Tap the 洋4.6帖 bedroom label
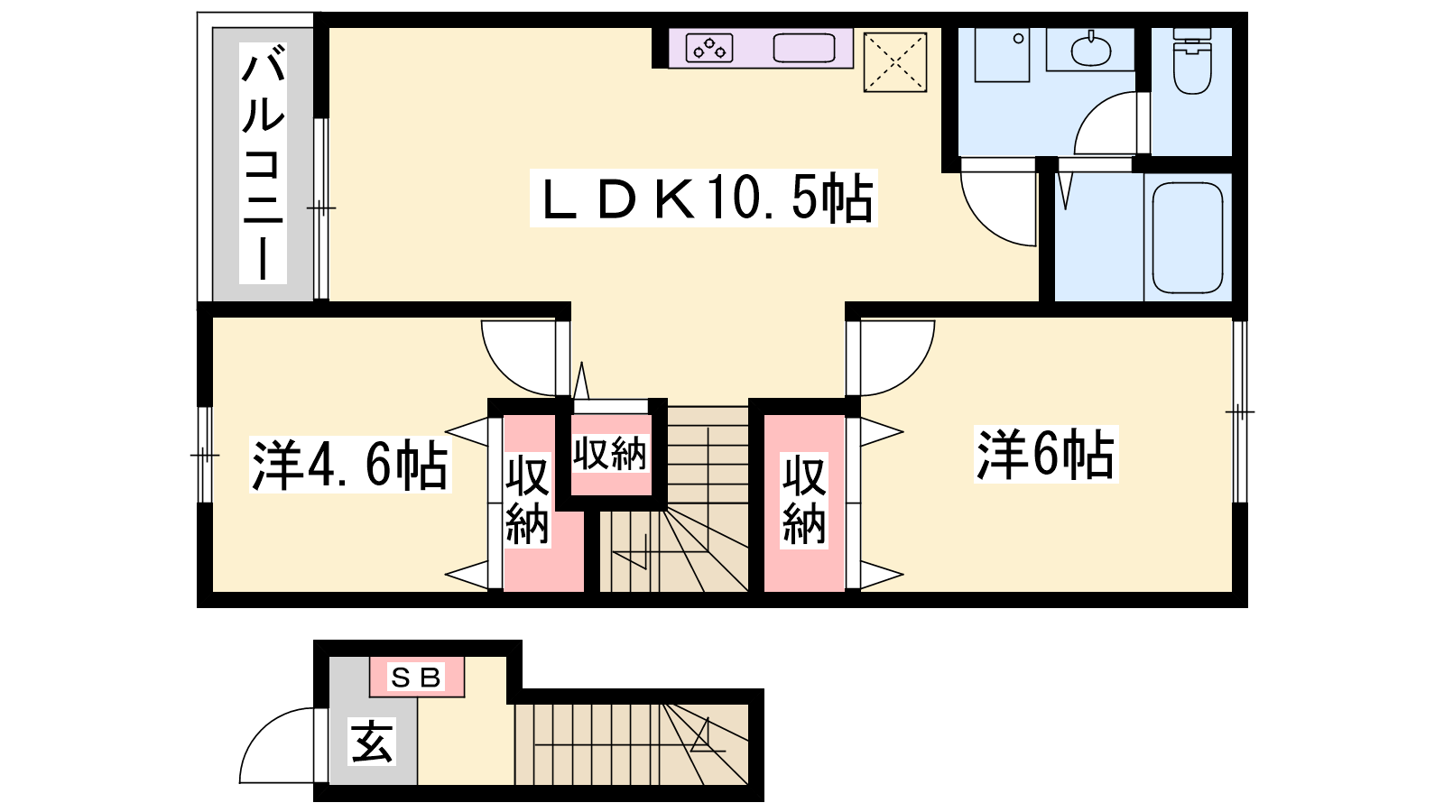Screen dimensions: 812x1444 pyautogui.click(x=349, y=466)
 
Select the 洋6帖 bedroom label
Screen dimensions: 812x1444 pyautogui.click(x=1045, y=454)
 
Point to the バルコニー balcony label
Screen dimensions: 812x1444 pyautogui.click(x=263, y=167)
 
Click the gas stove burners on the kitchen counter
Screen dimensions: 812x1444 pyautogui.click(x=709, y=48)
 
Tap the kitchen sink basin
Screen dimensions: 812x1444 pyautogui.click(x=804, y=48)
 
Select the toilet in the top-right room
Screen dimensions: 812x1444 pyautogui.click(x=1191, y=61)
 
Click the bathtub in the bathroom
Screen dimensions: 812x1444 pyautogui.click(x=1188, y=236)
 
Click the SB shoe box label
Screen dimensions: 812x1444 pyautogui.click(x=416, y=677)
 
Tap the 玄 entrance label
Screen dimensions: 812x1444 pyautogui.click(x=372, y=743)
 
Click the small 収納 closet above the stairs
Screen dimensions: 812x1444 pyautogui.click(x=611, y=454)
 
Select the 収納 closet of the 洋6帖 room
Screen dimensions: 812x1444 pyautogui.click(x=803, y=502)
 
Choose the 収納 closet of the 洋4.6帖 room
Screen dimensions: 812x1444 pyautogui.click(x=527, y=502)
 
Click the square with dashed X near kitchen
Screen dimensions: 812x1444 pyautogui.click(x=895, y=62)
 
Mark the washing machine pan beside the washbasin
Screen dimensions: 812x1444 pyautogui.click(x=1002, y=54)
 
